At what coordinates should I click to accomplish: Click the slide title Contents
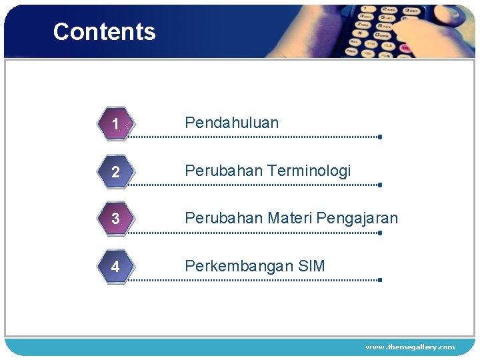pyautogui.click(x=104, y=31)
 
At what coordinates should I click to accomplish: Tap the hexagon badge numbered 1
pyautogui.click(x=116, y=124)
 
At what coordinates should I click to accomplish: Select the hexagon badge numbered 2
pyautogui.click(x=116, y=172)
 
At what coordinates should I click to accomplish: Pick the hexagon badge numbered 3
pyautogui.click(x=116, y=219)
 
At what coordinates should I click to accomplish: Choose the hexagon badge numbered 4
pyautogui.click(x=116, y=267)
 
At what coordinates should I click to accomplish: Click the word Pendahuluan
pyautogui.click(x=231, y=123)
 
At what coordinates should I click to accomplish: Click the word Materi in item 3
pyautogui.click(x=290, y=218)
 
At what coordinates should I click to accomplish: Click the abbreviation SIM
pyautogui.click(x=311, y=266)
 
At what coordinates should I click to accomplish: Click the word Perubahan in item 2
pyautogui.click(x=223, y=171)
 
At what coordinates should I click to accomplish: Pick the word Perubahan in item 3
pyautogui.click(x=223, y=218)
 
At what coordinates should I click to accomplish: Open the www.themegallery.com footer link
pyautogui.click(x=410, y=347)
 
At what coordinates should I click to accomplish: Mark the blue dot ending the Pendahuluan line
pyautogui.click(x=379, y=137)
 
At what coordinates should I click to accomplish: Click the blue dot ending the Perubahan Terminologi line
pyautogui.click(x=379, y=185)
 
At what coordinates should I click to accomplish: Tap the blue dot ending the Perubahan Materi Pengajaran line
pyautogui.click(x=379, y=233)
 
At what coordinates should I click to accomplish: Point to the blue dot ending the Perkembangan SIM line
pyautogui.click(x=379, y=280)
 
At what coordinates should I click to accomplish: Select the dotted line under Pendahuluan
pyautogui.click(x=253, y=137)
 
